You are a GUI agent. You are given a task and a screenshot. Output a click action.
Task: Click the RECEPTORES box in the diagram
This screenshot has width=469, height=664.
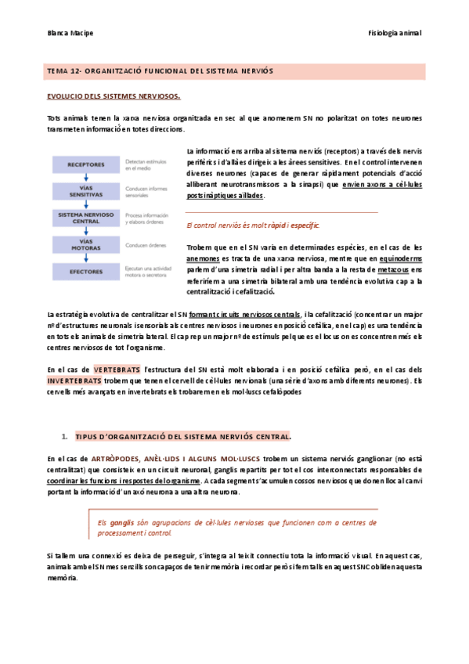coord(86,165)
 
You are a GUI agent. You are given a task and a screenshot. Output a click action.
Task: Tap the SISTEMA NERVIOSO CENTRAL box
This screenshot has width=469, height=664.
coord(86,218)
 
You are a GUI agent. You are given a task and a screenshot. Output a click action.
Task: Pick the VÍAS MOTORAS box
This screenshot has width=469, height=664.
coord(86,246)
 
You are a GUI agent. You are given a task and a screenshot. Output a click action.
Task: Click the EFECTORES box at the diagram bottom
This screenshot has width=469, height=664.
coord(86,273)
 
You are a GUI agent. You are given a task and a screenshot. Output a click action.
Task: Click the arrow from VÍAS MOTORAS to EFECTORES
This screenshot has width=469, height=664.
coord(86,261)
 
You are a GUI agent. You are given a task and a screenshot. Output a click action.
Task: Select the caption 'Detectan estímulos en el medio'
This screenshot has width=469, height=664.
coord(147,164)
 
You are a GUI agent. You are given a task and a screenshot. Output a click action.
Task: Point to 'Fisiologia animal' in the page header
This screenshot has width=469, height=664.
coord(395,33)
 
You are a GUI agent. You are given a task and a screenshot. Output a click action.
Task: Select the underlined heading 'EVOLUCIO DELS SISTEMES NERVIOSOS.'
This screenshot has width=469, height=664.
coord(114,97)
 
